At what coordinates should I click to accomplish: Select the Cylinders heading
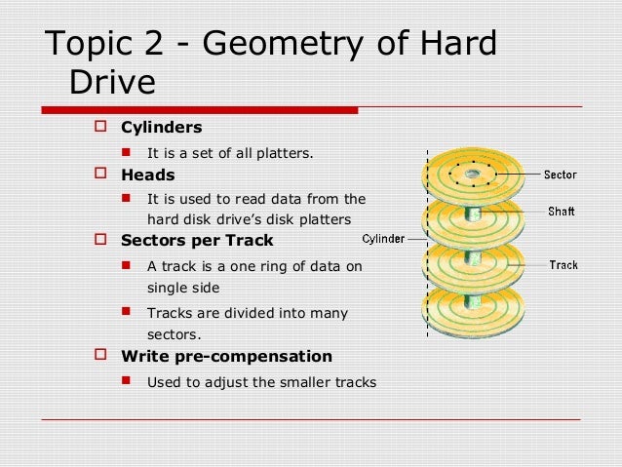pyautogui.click(x=161, y=127)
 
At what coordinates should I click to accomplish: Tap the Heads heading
pyautogui.click(x=147, y=175)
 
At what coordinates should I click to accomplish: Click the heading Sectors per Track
pyautogui.click(x=197, y=240)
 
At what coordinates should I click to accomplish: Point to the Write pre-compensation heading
pyautogui.click(x=225, y=356)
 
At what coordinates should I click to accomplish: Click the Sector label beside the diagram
pyautogui.click(x=560, y=175)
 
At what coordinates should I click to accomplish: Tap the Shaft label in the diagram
pyautogui.click(x=561, y=211)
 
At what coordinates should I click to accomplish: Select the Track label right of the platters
pyautogui.click(x=564, y=264)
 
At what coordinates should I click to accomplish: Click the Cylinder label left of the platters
pyautogui.click(x=383, y=239)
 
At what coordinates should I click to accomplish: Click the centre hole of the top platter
pyautogui.click(x=472, y=174)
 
